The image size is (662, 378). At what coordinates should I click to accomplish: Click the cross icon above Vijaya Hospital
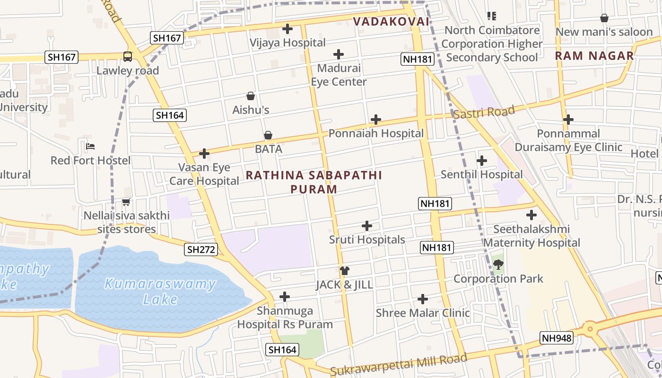pyautogui.click(x=287, y=29)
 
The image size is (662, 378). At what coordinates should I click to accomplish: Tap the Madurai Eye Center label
pyautogui.click(x=339, y=75)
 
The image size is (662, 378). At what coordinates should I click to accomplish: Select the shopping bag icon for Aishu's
pyautogui.click(x=251, y=96)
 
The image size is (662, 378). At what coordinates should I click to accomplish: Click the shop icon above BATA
pyautogui.click(x=268, y=136)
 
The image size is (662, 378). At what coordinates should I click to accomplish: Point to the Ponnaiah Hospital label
pyautogui.click(x=376, y=134)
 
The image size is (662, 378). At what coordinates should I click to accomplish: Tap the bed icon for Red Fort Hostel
pyautogui.click(x=90, y=146)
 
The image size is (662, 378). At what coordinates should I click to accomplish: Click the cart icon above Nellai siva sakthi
pyautogui.click(x=126, y=202)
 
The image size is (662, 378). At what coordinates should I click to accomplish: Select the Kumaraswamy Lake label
pyautogui.click(x=160, y=291)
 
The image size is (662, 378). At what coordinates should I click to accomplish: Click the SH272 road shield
pyautogui.click(x=201, y=249)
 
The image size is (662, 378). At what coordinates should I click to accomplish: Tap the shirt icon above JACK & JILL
pyautogui.click(x=345, y=271)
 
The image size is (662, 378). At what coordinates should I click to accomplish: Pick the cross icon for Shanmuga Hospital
pyautogui.click(x=285, y=297)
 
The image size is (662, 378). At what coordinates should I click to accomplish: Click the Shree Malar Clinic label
pyautogui.click(x=423, y=313)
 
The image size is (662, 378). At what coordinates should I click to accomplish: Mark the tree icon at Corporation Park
pyautogui.click(x=498, y=265)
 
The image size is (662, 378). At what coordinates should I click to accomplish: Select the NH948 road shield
pyautogui.click(x=557, y=338)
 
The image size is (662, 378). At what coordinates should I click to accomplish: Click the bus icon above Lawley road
pyautogui.click(x=128, y=57)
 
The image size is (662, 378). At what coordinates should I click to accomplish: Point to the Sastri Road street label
pyautogui.click(x=484, y=113)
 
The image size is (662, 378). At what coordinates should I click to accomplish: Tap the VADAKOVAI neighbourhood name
pyautogui.click(x=391, y=21)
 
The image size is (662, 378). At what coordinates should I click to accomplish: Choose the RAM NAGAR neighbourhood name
pyautogui.click(x=594, y=56)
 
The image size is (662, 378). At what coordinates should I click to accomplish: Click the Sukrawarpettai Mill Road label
pyautogui.click(x=399, y=364)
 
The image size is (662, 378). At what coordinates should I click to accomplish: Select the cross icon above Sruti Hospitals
pyautogui.click(x=367, y=226)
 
